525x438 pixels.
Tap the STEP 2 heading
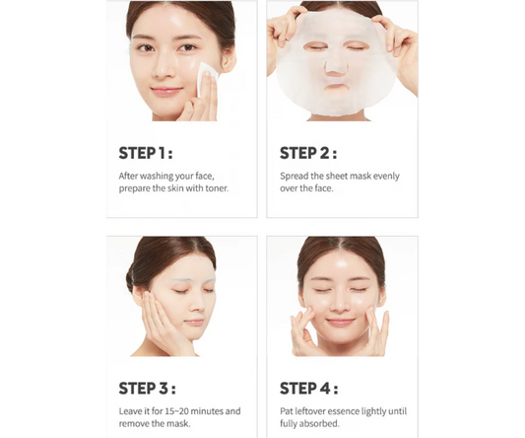click(308, 153)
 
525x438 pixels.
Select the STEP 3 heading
click(147, 388)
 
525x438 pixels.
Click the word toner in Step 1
click(214, 188)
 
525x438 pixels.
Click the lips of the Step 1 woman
click(166, 91)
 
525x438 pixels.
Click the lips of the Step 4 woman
click(341, 322)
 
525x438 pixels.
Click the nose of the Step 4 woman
click(341, 305)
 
